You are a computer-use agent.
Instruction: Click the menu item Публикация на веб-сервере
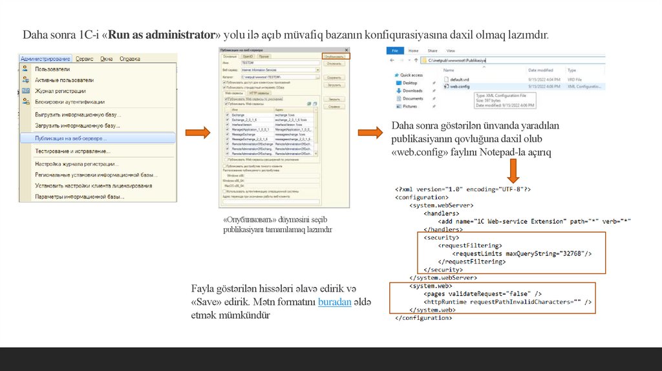coord(71,138)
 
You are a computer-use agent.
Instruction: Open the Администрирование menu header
coord(45,59)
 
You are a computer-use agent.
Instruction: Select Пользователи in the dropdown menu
coord(52,69)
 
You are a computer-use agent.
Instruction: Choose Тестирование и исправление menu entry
coord(72,151)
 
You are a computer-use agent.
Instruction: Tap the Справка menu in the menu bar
coord(130,59)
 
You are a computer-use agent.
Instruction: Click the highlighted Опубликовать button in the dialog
coord(334,57)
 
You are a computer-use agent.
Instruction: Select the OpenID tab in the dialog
coord(248,57)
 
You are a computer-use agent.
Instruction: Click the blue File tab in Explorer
coord(395,50)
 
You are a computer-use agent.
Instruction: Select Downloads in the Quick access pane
coord(412,91)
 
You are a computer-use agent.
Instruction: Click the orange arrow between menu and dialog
coord(198,133)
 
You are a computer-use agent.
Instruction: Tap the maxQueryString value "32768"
coord(567,254)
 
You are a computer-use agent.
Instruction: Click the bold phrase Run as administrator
coord(162,34)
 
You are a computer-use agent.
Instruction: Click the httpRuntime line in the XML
coord(507,302)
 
